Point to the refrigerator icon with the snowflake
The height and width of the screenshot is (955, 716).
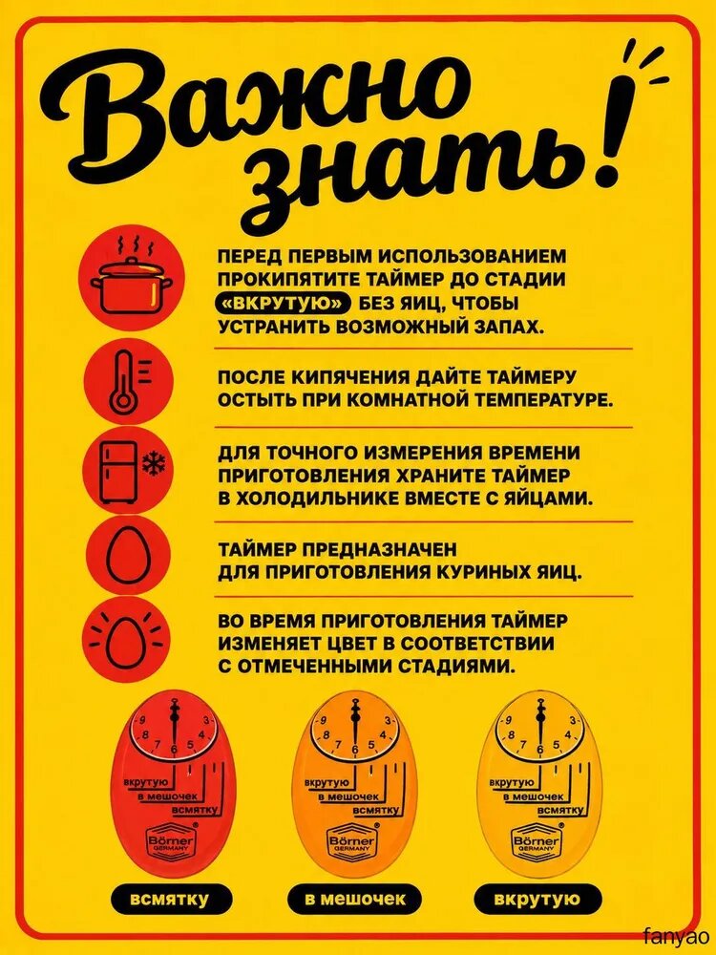pos(128,472)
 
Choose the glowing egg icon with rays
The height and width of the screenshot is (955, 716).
pos(128,642)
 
